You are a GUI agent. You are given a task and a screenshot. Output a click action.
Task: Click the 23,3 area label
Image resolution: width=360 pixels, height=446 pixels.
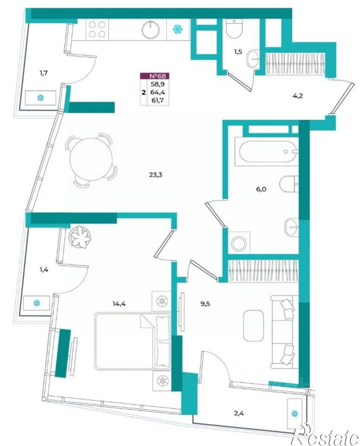click(155, 175)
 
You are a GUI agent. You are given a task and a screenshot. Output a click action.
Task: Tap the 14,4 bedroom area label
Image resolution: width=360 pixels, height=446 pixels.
click(119, 304)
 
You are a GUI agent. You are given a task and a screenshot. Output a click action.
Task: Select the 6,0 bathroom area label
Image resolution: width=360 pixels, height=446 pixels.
click(261, 189)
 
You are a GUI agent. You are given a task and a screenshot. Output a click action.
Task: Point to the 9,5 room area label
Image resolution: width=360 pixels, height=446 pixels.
click(205, 304)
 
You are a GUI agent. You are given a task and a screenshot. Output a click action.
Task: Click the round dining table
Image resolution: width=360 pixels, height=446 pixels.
click(89, 160)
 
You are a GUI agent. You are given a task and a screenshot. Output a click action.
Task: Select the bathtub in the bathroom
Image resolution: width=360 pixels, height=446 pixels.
click(268, 152)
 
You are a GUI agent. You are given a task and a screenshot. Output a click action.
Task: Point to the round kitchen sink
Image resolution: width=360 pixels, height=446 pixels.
click(150, 30)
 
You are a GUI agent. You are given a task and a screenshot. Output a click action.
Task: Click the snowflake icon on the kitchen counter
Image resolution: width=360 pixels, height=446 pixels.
click(178, 29)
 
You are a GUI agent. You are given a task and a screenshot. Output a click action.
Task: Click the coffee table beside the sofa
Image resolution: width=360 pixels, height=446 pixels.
click(254, 325)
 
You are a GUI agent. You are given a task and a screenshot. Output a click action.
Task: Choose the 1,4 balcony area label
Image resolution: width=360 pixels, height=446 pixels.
click(43, 270)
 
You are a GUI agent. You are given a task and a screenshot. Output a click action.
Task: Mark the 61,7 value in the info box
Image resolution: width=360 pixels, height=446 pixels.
click(159, 100)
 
